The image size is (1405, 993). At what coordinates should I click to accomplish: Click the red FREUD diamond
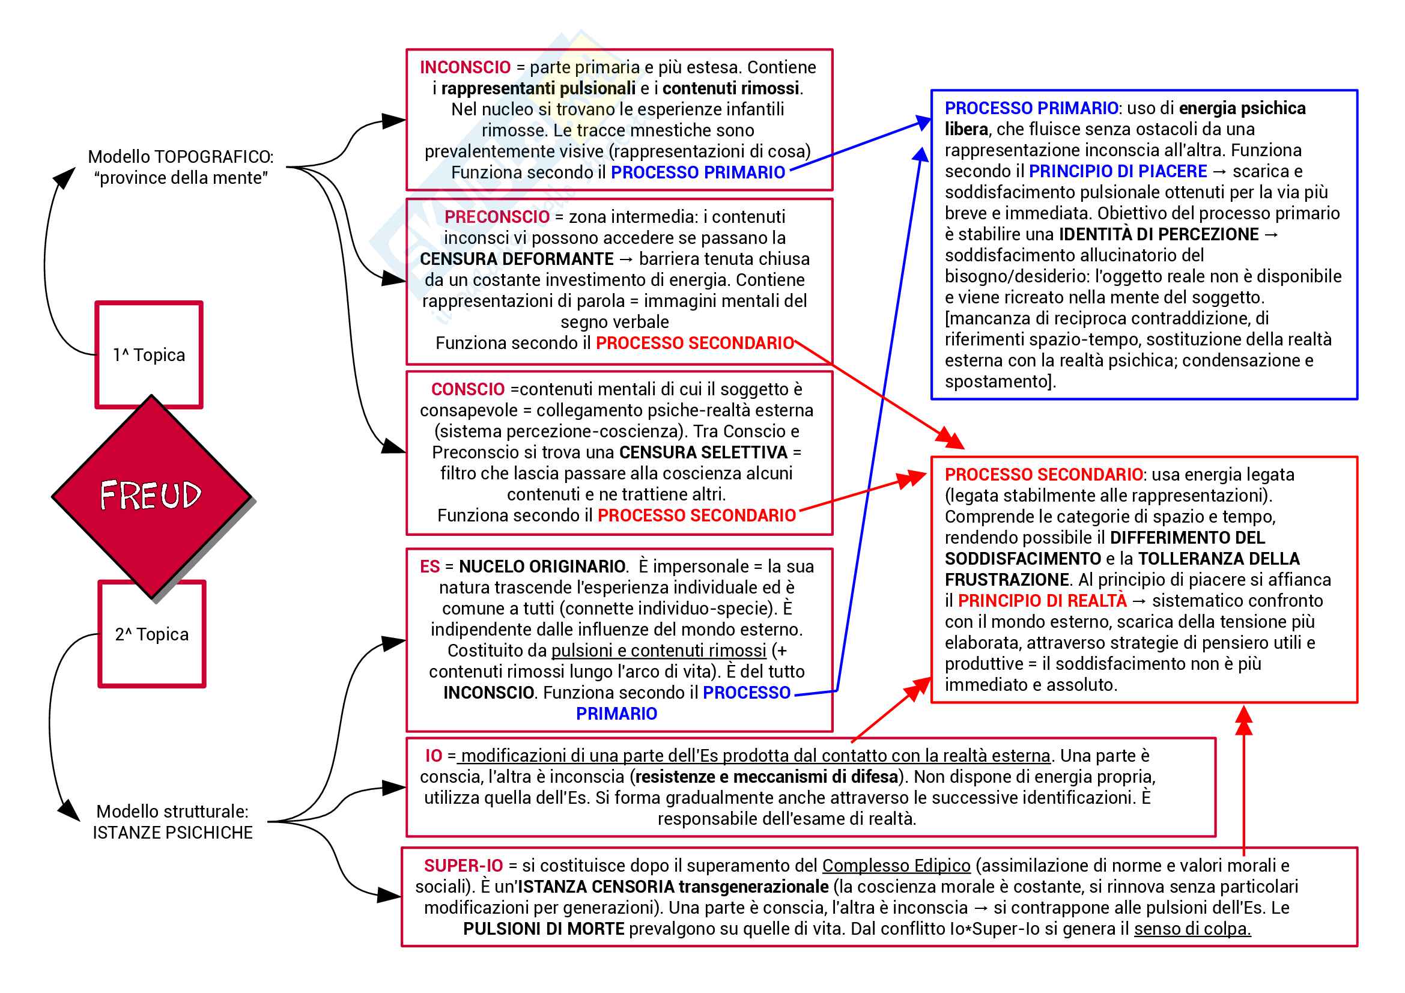pyautogui.click(x=151, y=496)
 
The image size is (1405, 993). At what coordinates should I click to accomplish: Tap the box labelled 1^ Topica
pyautogui.click(x=149, y=355)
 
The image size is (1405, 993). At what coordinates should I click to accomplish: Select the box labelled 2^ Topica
pyautogui.click(x=152, y=634)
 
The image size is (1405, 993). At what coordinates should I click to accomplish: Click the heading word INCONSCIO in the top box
pyautogui.click(x=465, y=67)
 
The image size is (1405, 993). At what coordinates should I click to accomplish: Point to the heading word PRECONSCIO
pyautogui.click(x=497, y=217)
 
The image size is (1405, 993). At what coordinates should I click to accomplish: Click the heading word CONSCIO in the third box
pyautogui.click(x=468, y=390)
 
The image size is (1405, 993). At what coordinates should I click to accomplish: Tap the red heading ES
pyautogui.click(x=429, y=566)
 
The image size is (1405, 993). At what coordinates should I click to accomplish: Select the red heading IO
pyautogui.click(x=434, y=756)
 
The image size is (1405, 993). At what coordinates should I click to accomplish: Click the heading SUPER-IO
pyautogui.click(x=463, y=866)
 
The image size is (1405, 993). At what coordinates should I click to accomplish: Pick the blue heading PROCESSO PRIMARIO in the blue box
pyautogui.click(x=1032, y=109)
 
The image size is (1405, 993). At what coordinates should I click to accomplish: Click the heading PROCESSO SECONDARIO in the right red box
pyautogui.click(x=1043, y=475)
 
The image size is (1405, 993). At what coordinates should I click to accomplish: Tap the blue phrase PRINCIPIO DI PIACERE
pyautogui.click(x=1118, y=172)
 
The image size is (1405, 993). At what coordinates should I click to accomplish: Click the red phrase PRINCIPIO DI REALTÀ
pyautogui.click(x=1042, y=601)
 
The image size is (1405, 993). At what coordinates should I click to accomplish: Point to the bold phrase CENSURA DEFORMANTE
pyautogui.click(x=517, y=260)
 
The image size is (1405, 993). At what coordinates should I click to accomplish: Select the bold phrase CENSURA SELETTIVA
pyautogui.click(x=703, y=453)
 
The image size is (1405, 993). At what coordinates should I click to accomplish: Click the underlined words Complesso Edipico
pyautogui.click(x=896, y=866)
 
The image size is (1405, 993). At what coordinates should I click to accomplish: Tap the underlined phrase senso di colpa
pyautogui.click(x=1192, y=929)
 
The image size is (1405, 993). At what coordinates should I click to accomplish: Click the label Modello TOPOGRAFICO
pyautogui.click(x=181, y=157)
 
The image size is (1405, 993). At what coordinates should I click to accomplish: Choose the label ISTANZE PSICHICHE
pyautogui.click(x=172, y=833)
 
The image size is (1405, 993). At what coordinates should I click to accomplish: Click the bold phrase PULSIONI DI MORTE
pyautogui.click(x=544, y=929)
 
